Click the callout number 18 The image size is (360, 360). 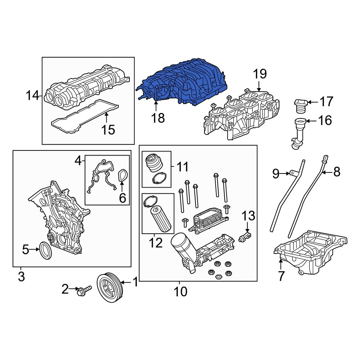(158, 118)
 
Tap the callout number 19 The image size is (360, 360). (260, 74)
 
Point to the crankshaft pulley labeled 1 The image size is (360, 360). (110, 287)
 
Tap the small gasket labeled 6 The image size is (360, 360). (123, 175)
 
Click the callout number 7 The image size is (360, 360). (281, 276)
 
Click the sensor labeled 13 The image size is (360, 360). (245, 237)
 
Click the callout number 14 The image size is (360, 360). (33, 95)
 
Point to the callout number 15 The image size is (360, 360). (108, 130)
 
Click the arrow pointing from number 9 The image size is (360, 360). (285, 174)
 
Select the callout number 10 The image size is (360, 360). (181, 292)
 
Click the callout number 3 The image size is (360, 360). (21, 276)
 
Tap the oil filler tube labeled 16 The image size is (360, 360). (298, 133)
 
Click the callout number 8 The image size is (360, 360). (337, 172)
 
